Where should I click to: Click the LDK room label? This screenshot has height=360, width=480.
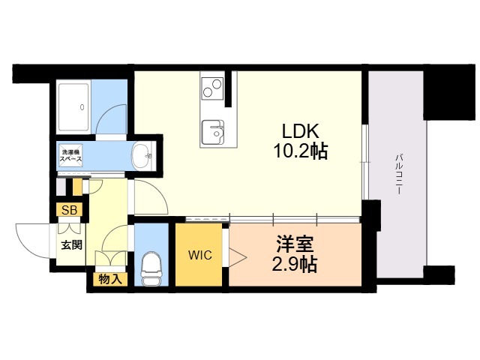[x=300, y=130]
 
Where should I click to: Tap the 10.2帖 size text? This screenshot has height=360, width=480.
[x=300, y=151]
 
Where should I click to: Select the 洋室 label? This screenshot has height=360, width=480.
[x=295, y=244]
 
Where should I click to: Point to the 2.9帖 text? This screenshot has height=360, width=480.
[x=294, y=264]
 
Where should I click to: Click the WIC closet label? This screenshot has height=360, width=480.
[x=200, y=255]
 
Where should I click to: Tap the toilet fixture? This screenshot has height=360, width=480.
[x=151, y=268]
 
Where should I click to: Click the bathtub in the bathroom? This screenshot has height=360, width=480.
[x=73, y=107]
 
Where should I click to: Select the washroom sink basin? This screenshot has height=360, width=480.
[x=142, y=156]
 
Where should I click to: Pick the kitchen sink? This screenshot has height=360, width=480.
[x=213, y=132]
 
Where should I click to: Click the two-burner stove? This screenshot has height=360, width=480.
[x=212, y=87]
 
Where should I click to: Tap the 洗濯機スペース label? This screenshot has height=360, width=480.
[x=70, y=155]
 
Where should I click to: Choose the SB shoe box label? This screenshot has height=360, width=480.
[x=70, y=210]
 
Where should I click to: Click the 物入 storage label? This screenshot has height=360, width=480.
[x=109, y=279]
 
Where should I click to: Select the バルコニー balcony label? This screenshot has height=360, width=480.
[x=398, y=175]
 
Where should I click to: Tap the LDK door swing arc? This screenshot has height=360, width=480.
[x=159, y=191]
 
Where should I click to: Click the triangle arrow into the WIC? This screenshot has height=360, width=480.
[x=238, y=257]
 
